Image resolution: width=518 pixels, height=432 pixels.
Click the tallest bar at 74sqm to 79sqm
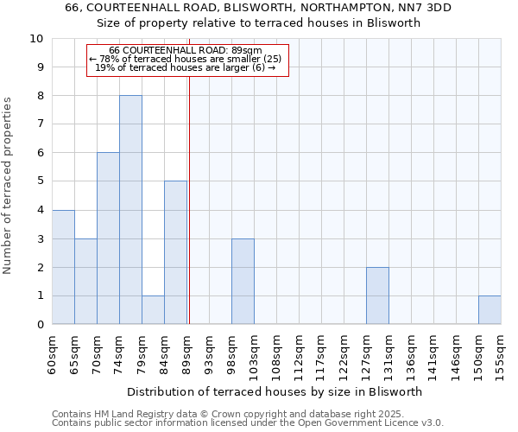(130, 210)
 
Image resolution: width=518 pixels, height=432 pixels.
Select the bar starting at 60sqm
(63, 267)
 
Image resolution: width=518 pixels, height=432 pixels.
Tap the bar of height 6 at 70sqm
(108, 238)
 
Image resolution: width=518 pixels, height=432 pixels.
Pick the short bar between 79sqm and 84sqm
(153, 309)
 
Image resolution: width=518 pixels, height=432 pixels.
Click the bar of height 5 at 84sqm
(175, 252)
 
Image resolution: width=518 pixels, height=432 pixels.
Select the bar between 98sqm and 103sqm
(243, 281)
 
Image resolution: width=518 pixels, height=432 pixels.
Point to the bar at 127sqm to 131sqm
(377, 295)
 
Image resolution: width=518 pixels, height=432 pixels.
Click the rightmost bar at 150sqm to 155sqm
(490, 309)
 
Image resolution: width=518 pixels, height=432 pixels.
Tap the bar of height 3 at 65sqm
(85, 281)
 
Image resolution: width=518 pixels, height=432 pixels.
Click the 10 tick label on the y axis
(36, 39)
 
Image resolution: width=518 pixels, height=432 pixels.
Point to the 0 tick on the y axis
(40, 324)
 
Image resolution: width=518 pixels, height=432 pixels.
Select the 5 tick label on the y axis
(40, 181)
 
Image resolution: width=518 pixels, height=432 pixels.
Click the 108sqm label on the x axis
(277, 353)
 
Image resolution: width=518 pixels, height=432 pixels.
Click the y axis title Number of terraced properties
(8, 185)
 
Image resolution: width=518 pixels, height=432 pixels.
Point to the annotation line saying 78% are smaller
(186, 59)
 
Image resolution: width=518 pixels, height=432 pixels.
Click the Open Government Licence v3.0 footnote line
(248, 423)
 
